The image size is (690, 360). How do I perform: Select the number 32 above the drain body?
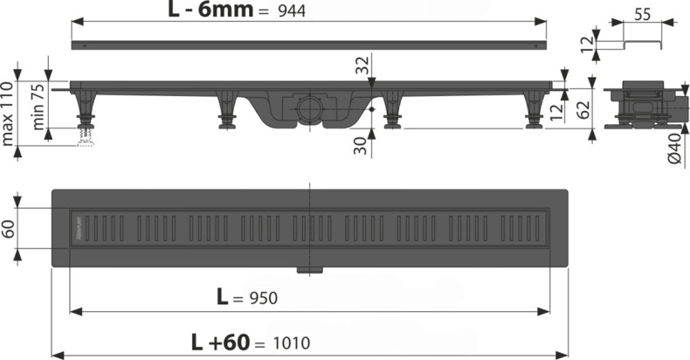[x=360, y=64]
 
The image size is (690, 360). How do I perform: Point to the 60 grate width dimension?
[x=9, y=229]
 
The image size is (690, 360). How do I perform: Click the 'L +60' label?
[x=218, y=342]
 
